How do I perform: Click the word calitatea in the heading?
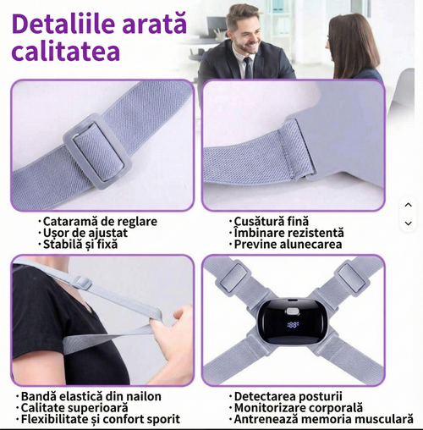(66, 51)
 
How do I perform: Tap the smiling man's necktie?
(249, 68)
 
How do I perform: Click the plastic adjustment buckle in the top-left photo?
(96, 149)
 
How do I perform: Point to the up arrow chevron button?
(408, 205)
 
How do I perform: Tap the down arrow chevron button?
(408, 223)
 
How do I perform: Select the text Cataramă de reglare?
(100, 221)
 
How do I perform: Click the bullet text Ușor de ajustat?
(85, 233)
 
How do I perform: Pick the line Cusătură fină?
(272, 221)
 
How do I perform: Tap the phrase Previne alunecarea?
(288, 244)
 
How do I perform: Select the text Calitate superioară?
(74, 408)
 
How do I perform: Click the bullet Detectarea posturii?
(288, 396)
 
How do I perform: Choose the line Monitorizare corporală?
(299, 408)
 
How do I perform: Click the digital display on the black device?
(293, 325)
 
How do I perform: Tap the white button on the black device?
(293, 311)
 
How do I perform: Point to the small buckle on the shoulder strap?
(83, 283)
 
